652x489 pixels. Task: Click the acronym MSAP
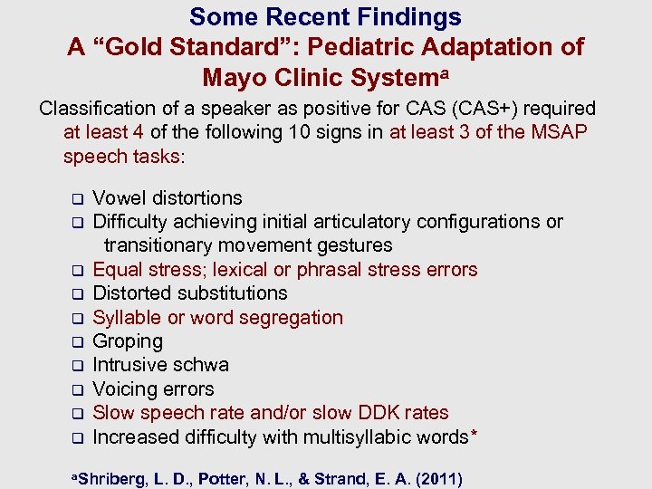pyautogui.click(x=561, y=132)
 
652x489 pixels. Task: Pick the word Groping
pyautogui.click(x=128, y=341)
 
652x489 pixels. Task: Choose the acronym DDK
pyautogui.click(x=375, y=413)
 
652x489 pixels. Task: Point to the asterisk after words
pyautogui.click(x=473, y=434)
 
